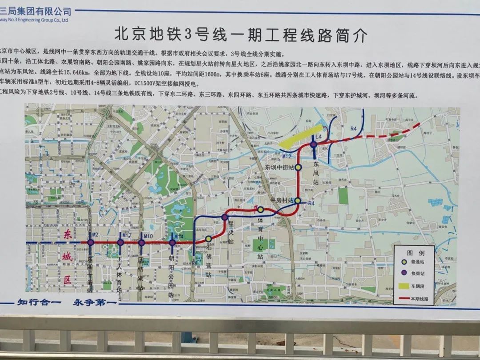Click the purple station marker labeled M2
point(90,242)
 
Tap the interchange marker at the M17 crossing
point(120,242)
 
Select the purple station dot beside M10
point(141,243)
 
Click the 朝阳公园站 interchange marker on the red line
point(172,243)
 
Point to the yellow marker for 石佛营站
point(208,239)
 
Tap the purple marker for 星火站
point(225,217)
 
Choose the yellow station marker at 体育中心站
point(261,209)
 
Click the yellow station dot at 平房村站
point(297,201)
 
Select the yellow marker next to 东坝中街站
point(299,168)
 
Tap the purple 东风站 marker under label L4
point(314,144)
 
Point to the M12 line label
point(287,156)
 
